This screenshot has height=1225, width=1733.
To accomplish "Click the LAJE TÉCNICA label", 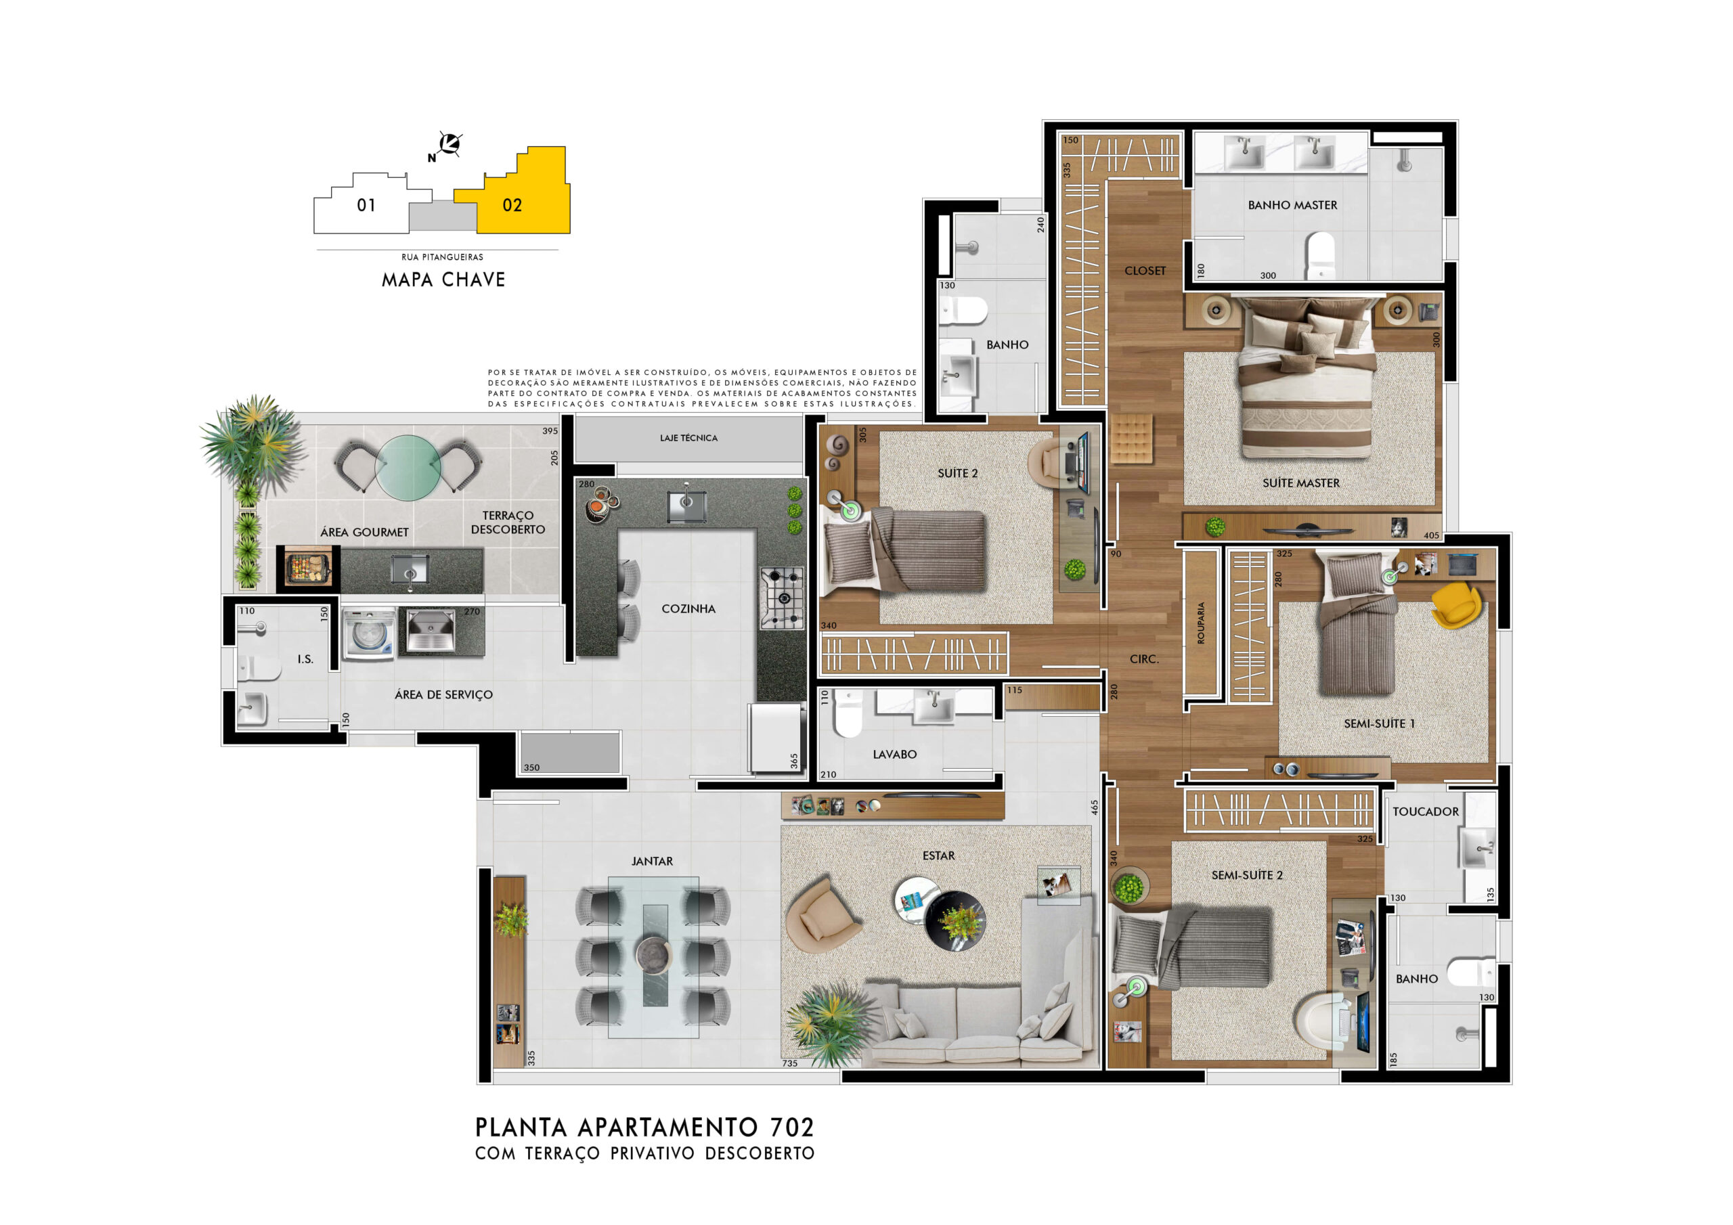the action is pyautogui.click(x=688, y=438).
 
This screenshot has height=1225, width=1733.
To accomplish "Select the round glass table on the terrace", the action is pyautogui.click(x=408, y=467).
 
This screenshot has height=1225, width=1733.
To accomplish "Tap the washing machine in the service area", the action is pyautogui.click(x=368, y=635).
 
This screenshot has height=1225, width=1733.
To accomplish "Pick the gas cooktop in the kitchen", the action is pyautogui.click(x=782, y=598).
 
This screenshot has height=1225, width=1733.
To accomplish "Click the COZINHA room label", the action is pyautogui.click(x=688, y=608).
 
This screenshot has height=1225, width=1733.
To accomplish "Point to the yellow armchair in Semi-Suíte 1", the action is pyautogui.click(x=1457, y=604).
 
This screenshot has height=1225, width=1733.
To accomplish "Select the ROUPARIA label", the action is pyautogui.click(x=1201, y=623).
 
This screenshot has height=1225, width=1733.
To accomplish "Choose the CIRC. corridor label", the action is pyautogui.click(x=1144, y=659).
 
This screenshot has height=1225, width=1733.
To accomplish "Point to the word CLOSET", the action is pyautogui.click(x=1145, y=270).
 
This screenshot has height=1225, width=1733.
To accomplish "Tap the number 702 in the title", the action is pyautogui.click(x=793, y=1128).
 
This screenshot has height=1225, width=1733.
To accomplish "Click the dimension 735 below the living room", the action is pyautogui.click(x=789, y=1063).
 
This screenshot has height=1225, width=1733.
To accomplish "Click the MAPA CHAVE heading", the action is pyautogui.click(x=444, y=280).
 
